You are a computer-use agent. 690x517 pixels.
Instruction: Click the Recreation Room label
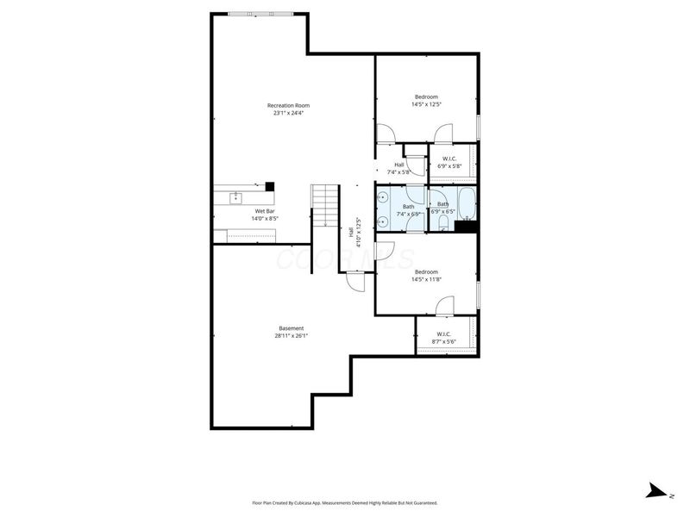pyautogui.click(x=288, y=105)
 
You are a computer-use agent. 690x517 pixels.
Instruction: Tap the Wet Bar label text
pyautogui.click(x=264, y=211)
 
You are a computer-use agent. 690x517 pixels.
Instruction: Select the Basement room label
pyautogui.click(x=291, y=328)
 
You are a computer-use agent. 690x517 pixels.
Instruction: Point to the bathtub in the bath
pyautogui.click(x=466, y=204)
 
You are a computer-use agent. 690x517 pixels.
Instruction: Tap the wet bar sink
pyautogui.click(x=235, y=198)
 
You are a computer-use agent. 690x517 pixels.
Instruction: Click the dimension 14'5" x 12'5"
pyautogui.click(x=426, y=104)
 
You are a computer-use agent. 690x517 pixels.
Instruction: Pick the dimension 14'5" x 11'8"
pyautogui.click(x=426, y=278)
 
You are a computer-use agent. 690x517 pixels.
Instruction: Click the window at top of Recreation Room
pyautogui.click(x=260, y=13)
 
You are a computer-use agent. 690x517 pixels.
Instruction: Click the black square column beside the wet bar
pyautogui.click(x=269, y=186)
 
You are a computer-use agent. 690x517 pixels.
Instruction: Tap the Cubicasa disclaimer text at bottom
pyautogui.click(x=344, y=502)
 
